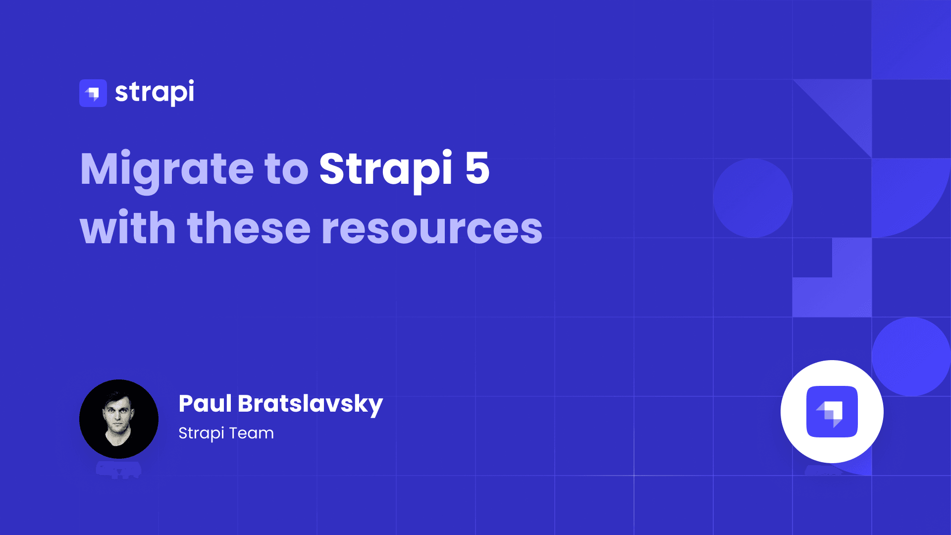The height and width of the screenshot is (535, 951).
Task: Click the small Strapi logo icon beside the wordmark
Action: (x=93, y=93)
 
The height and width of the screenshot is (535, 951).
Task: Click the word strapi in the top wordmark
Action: (x=155, y=93)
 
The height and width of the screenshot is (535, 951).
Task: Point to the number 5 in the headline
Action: (x=477, y=168)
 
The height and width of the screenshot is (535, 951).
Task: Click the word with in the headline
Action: (x=128, y=228)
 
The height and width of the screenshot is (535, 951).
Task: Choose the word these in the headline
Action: (x=248, y=228)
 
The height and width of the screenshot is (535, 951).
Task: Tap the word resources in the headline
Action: (x=432, y=229)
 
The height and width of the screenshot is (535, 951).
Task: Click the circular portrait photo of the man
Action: (x=119, y=419)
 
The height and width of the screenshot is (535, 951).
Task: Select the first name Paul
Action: (x=205, y=404)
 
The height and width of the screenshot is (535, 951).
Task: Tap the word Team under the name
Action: (x=251, y=433)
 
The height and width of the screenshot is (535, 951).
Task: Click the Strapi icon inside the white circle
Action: (x=832, y=412)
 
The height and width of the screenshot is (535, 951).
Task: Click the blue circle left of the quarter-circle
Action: (x=752, y=198)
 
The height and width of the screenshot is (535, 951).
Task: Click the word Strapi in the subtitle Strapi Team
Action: (x=201, y=433)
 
